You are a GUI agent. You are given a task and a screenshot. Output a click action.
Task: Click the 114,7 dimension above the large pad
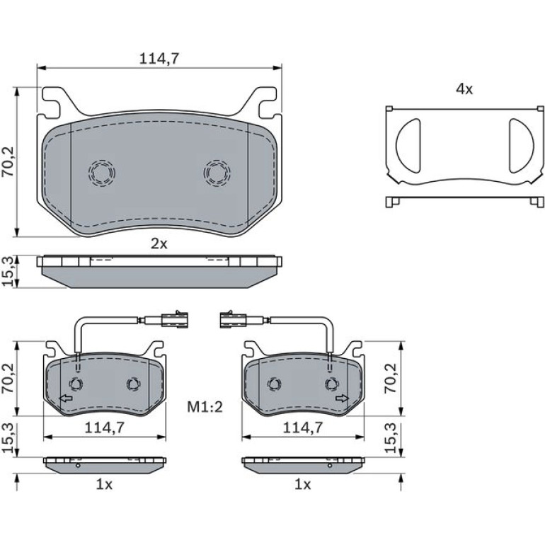[x=159, y=59]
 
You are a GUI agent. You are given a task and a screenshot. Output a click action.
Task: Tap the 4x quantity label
[x=464, y=89]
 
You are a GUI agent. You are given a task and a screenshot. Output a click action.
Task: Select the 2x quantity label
[x=159, y=244]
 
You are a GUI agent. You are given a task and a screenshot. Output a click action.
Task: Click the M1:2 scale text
[x=205, y=407]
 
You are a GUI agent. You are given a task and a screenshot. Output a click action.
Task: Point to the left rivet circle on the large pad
[x=101, y=173]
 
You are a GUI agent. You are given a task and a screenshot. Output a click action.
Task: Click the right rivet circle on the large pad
[x=217, y=173]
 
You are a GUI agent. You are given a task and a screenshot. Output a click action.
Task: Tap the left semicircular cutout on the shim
[x=408, y=146]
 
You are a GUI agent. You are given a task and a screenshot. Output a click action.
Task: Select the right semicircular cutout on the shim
[x=521, y=146]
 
